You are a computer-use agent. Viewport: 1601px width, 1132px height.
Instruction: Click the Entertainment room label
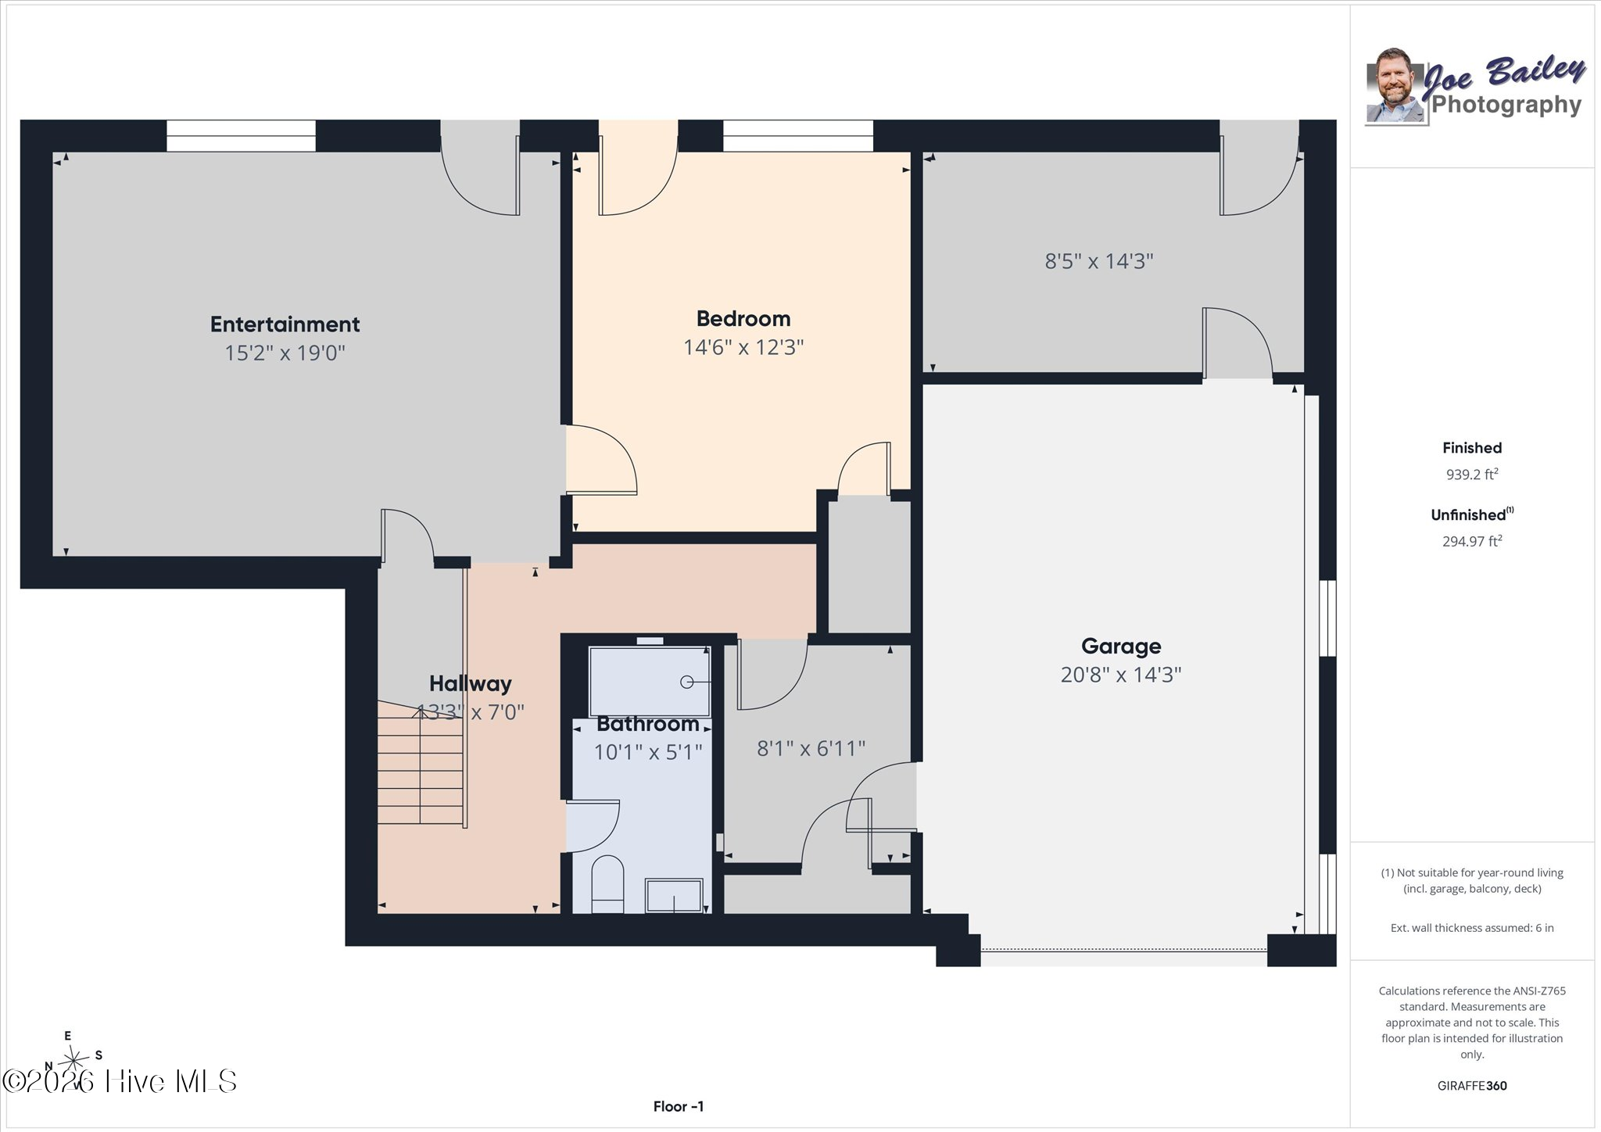point(285,324)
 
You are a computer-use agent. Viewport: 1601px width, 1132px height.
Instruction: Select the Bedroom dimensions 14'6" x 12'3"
point(743,347)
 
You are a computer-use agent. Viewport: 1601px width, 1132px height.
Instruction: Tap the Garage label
point(1121,647)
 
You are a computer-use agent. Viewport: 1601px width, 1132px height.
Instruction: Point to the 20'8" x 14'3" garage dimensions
point(1121,675)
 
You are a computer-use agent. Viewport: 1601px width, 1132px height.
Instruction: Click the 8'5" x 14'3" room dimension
point(1099,261)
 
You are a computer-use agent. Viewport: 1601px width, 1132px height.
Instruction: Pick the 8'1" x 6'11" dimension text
point(811,749)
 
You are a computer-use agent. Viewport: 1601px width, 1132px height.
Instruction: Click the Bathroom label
point(647,724)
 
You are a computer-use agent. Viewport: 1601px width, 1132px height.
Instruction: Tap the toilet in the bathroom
point(607,884)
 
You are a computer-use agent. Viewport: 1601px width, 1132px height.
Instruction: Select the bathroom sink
point(673,896)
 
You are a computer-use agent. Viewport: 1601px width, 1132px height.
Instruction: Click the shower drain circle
point(686,682)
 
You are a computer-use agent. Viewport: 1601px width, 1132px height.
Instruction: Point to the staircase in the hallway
point(421,762)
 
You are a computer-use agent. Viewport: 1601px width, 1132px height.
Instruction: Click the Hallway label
point(470,684)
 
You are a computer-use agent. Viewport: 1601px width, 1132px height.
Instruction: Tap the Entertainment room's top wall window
point(241,135)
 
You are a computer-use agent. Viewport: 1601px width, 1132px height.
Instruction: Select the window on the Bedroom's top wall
point(797,135)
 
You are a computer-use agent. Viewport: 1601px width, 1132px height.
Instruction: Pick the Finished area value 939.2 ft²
point(1472,474)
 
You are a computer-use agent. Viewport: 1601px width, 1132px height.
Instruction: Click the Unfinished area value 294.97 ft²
point(1472,541)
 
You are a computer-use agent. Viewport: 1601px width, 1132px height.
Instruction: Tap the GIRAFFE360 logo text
point(1472,1086)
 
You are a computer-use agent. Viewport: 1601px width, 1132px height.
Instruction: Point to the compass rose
point(73,1059)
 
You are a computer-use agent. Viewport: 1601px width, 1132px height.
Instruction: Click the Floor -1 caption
point(679,1106)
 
